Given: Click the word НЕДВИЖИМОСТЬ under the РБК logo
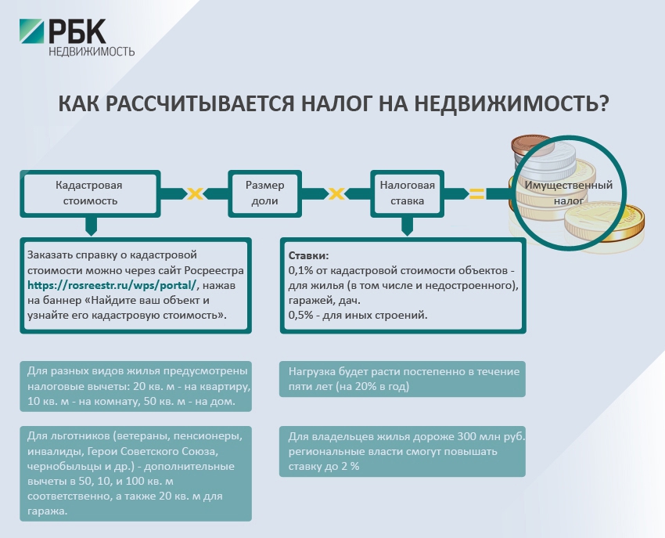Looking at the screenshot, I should click(92, 52).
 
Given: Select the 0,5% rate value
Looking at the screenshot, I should click(302, 315).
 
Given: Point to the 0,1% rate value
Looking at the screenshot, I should click(302, 270).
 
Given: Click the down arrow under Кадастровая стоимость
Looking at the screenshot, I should click(91, 227).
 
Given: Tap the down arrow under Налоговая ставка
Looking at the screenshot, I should click(407, 227).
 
